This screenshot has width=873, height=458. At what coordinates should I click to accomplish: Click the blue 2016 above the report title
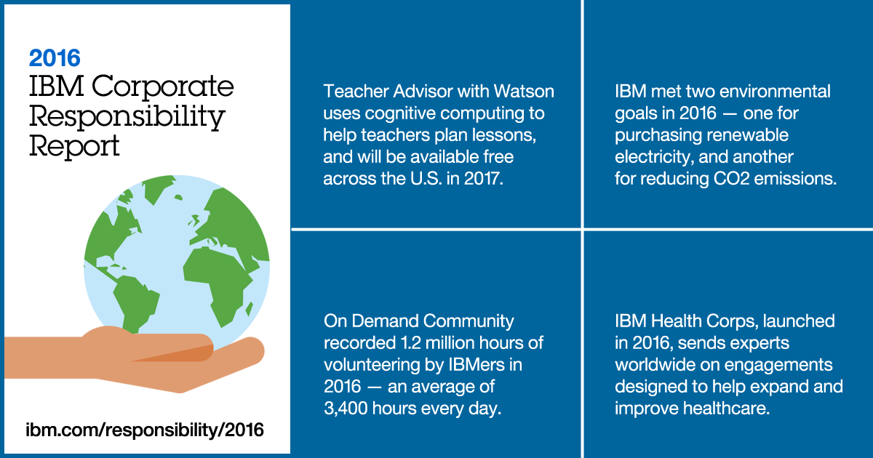click(x=55, y=58)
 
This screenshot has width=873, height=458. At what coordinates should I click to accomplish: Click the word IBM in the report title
click(x=57, y=86)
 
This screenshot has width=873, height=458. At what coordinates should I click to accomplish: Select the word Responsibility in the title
click(x=127, y=118)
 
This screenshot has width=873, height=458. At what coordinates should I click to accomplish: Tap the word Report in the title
click(x=74, y=147)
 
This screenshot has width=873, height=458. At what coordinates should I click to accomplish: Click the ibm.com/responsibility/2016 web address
click(x=145, y=430)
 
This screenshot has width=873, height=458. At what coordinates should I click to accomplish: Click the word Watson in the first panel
click(x=524, y=92)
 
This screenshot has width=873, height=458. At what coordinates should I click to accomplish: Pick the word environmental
click(x=775, y=92)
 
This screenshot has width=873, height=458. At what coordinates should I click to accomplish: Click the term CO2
click(x=732, y=179)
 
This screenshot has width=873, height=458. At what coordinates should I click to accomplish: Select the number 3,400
click(x=346, y=409)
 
